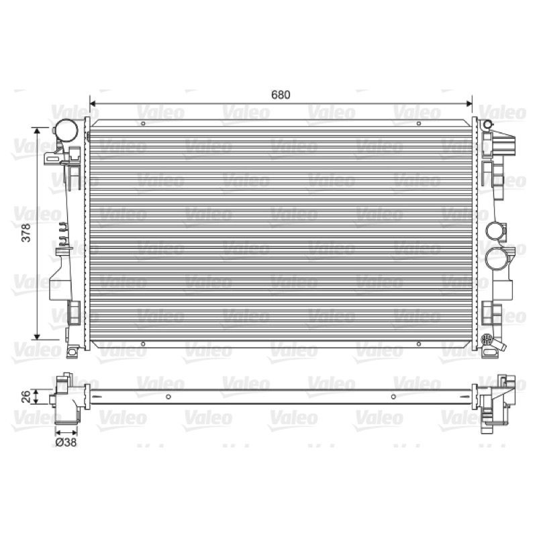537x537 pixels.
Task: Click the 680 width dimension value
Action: pyautogui.click(x=281, y=95)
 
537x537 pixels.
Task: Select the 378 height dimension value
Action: pyautogui.click(x=26, y=233)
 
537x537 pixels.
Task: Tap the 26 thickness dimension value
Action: pyautogui.click(x=26, y=397)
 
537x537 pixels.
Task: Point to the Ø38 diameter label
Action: pyautogui.click(x=66, y=442)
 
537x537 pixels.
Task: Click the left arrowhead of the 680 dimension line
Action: pyautogui.click(x=92, y=103)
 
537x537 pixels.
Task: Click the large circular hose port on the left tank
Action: pyautogui.click(x=66, y=130)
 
